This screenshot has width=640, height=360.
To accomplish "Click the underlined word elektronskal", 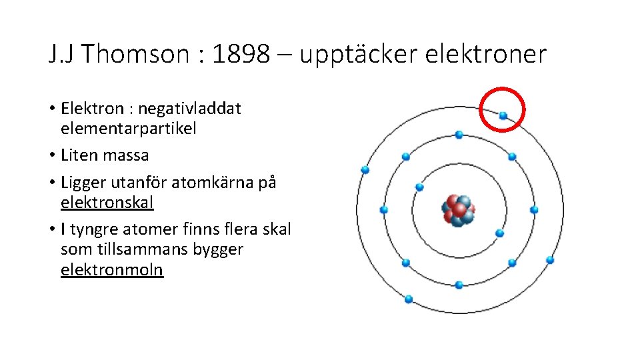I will tap(107, 202).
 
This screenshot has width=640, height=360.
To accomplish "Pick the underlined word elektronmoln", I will tap(112, 270).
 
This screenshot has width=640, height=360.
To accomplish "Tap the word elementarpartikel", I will tap(129, 128).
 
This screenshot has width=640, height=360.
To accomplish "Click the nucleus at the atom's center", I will tap(459, 210).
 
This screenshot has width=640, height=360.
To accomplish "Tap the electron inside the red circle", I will tap(503, 116).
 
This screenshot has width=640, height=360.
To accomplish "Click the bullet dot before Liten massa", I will tap(51, 156).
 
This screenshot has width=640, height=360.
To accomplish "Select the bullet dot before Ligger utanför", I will tap(51, 183).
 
